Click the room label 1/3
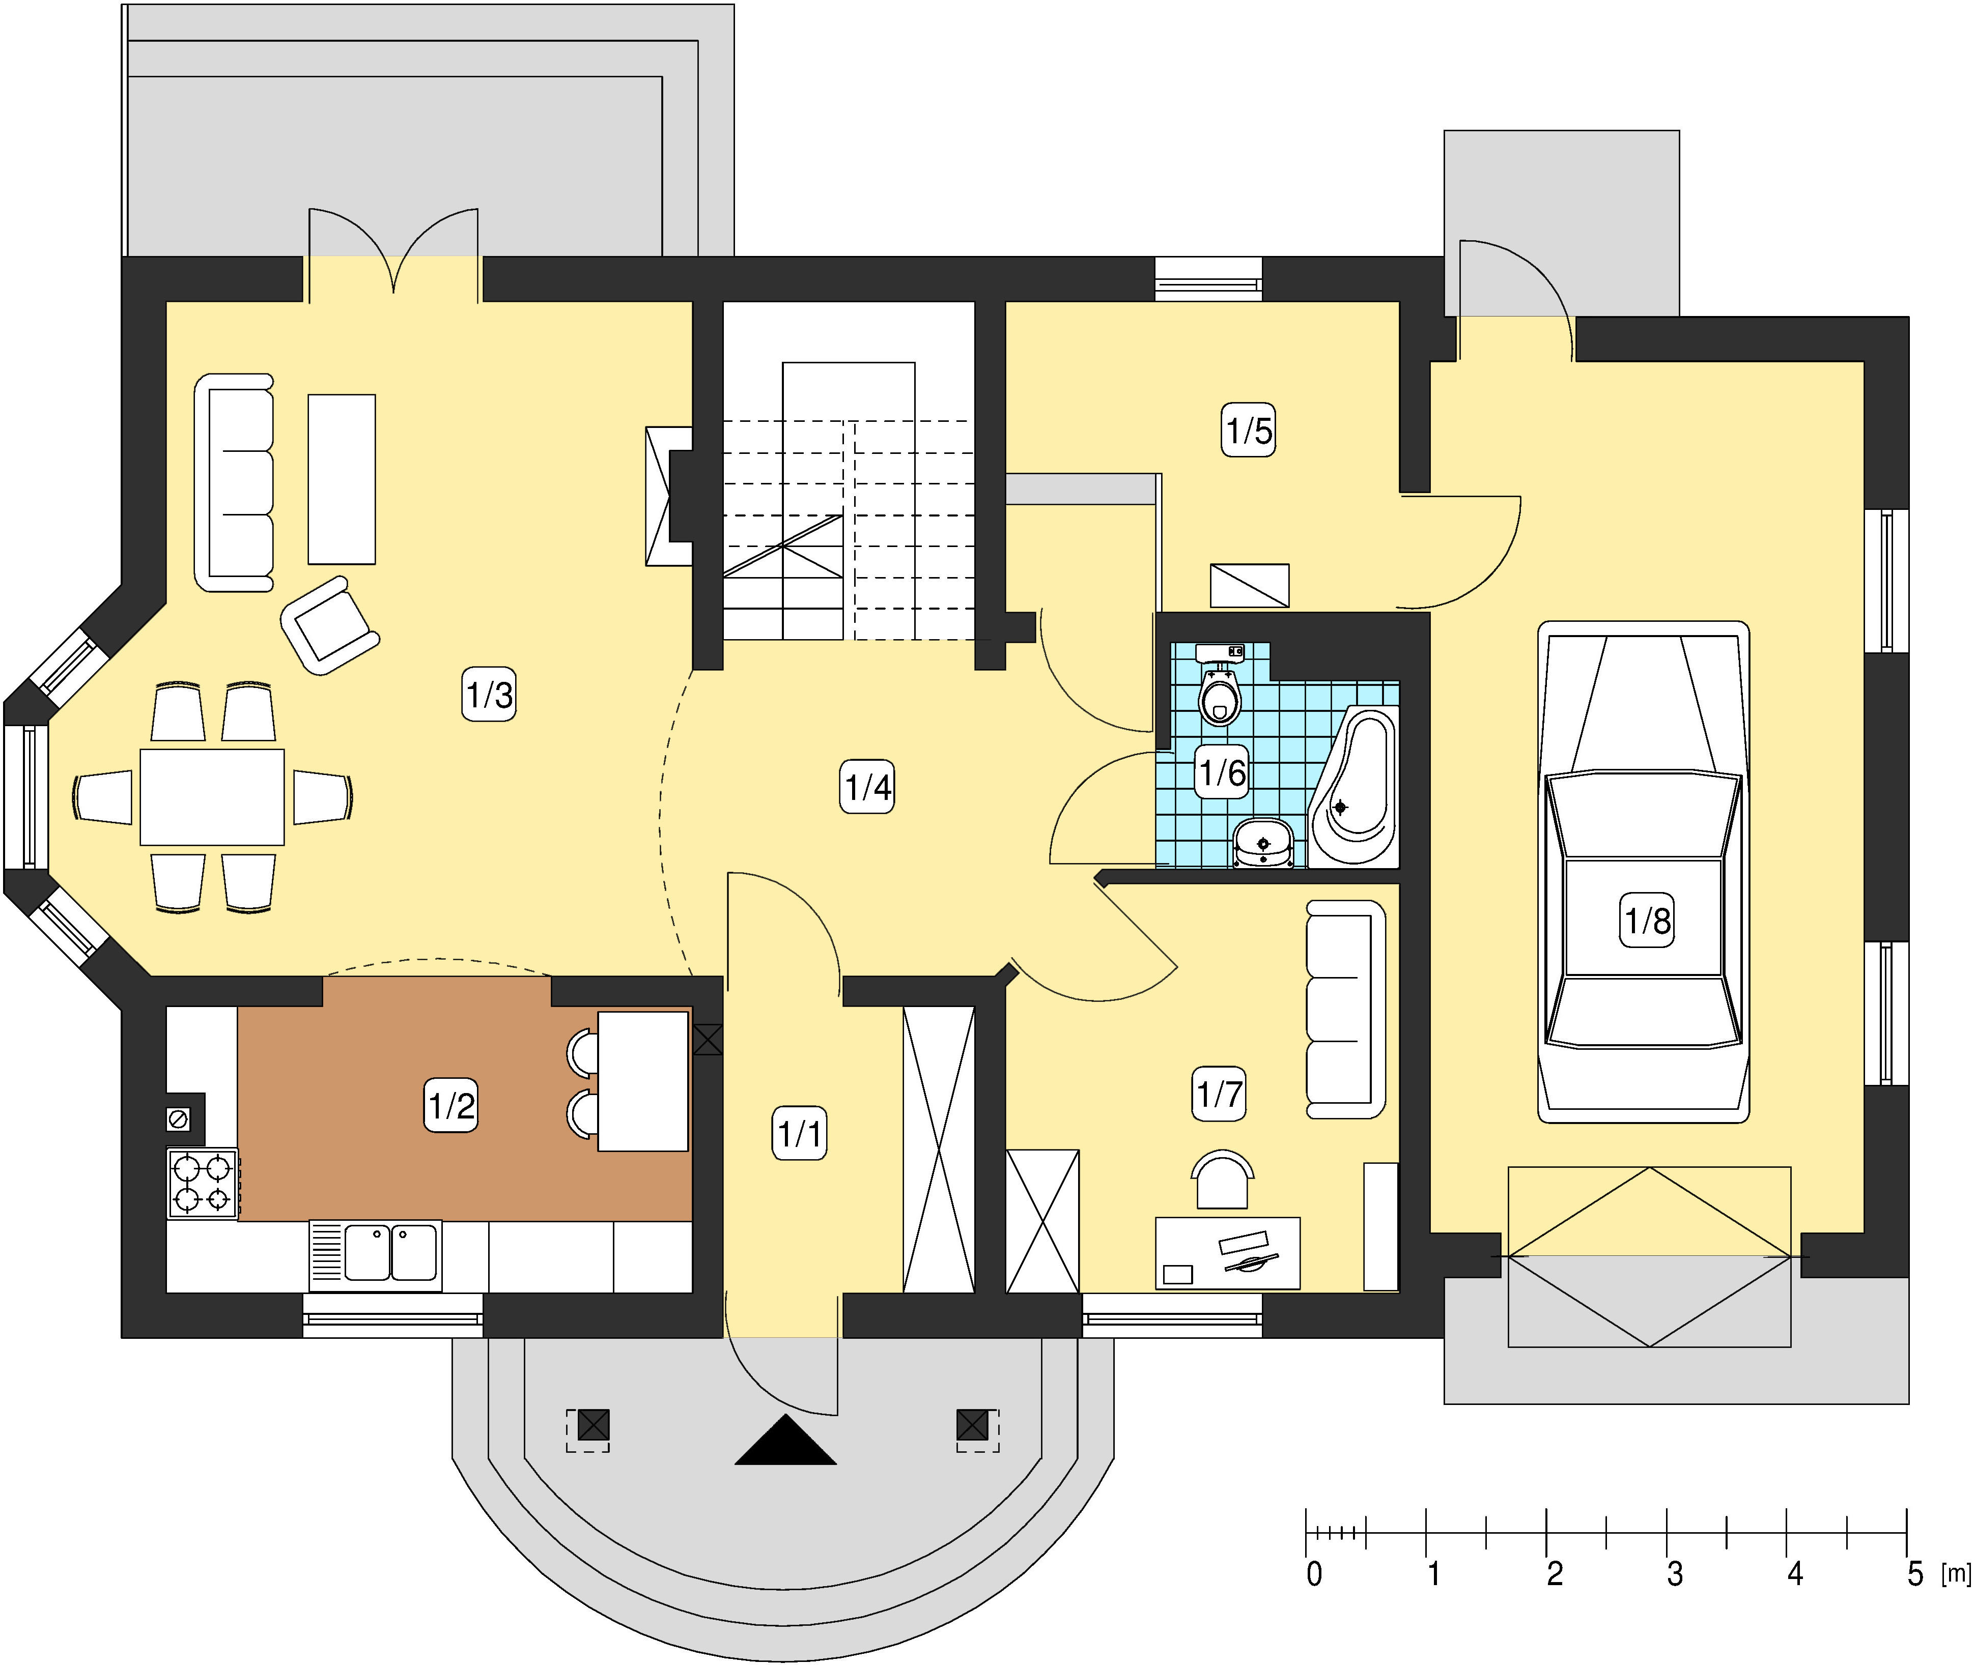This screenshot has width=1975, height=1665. point(489,695)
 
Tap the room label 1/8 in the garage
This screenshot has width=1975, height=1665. point(1647,921)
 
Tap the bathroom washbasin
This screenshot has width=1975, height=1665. point(1263,843)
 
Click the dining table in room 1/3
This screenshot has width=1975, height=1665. point(212,797)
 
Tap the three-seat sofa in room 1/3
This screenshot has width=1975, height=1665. point(234,482)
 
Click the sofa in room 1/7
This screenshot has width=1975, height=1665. point(1345,1009)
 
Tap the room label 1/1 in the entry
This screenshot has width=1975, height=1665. point(800,1133)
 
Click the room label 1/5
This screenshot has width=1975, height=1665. point(1248,430)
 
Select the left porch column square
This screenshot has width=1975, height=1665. point(593,1424)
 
